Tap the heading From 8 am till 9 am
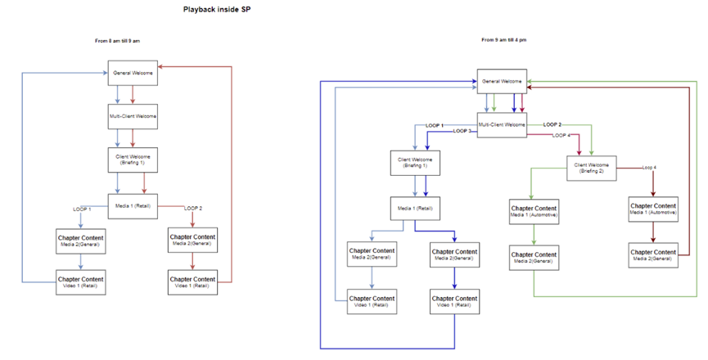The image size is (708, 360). coord(122,41)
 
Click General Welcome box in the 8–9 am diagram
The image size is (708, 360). coord(133,73)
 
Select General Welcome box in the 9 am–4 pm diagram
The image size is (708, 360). coord(502,82)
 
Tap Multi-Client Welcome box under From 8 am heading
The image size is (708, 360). coord(133,115)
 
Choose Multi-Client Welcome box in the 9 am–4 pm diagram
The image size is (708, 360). coord(502,124)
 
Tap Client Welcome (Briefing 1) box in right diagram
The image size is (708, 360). coord(415,161)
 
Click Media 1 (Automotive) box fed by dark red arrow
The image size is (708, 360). coord(652,209)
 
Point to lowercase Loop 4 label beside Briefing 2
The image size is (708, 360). coord(649,167)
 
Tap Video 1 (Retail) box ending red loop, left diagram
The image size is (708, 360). coord(192,282)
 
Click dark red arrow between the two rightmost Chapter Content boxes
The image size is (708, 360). coord(652,232)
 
